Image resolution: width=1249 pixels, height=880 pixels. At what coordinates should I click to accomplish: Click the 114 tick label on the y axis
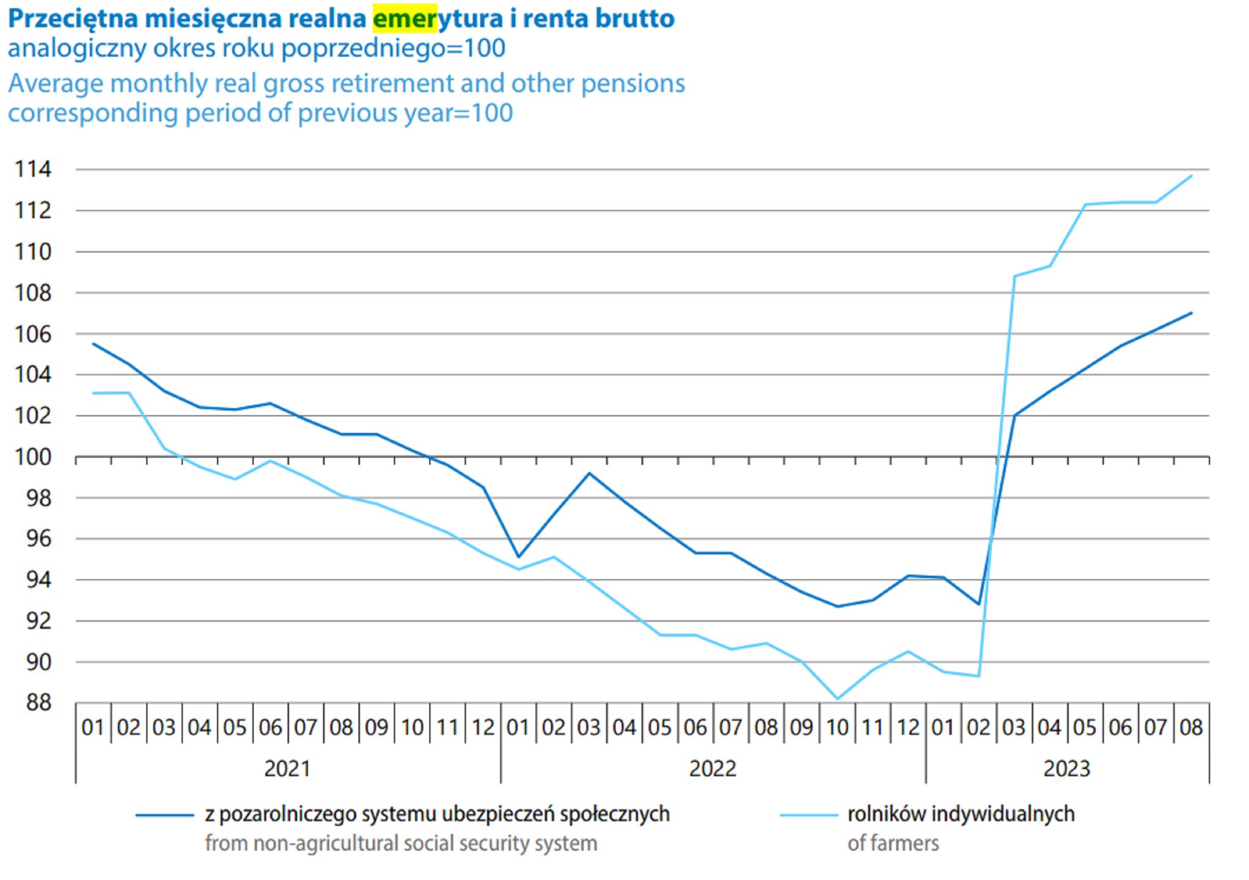point(33,169)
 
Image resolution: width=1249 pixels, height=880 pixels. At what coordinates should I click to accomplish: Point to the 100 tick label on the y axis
point(33,457)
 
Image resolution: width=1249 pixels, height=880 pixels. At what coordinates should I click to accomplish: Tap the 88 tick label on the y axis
point(38,703)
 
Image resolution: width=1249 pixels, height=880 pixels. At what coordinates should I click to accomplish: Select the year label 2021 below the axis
point(287,768)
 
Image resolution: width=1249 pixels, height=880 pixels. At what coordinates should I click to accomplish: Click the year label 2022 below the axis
point(712,768)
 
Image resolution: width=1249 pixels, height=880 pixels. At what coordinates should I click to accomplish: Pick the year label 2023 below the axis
point(1067,768)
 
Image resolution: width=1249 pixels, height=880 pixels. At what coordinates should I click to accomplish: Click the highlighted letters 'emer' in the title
point(405,18)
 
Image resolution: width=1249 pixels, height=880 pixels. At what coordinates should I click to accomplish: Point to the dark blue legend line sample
point(164,815)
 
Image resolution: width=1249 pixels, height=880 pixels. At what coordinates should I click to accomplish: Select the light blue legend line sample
point(808,815)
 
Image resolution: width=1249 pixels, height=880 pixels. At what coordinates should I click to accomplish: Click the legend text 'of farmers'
point(893,843)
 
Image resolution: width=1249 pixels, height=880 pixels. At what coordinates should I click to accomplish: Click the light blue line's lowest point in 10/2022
point(837,698)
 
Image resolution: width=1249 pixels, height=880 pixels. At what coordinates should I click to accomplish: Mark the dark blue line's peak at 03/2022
point(589,473)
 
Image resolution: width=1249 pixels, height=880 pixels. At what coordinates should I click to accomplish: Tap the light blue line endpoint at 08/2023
point(1192,176)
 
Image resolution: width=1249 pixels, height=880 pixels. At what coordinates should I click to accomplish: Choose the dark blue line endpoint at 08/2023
point(1192,313)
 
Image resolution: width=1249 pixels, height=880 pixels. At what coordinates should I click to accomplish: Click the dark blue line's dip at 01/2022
point(518,557)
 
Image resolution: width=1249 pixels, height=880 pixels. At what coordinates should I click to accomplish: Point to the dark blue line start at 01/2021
point(93,344)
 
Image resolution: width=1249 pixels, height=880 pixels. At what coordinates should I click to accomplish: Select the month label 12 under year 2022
point(908,727)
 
